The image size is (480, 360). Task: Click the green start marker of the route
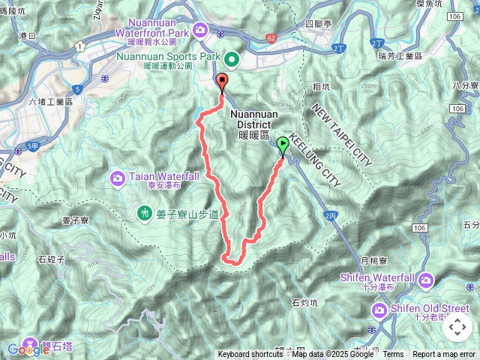283,145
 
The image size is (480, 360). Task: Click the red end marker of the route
222,82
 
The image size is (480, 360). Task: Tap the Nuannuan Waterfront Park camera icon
199,29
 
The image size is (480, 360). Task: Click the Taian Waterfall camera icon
118,178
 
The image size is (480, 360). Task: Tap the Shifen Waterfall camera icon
426,280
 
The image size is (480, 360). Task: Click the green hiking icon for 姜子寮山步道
145,214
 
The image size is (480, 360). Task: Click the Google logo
28,349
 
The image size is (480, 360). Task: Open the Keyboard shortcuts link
250,355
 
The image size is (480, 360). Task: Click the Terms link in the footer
393,355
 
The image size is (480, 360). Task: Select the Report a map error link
444,355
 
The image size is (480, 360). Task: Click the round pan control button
457,327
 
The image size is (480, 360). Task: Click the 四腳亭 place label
319,24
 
